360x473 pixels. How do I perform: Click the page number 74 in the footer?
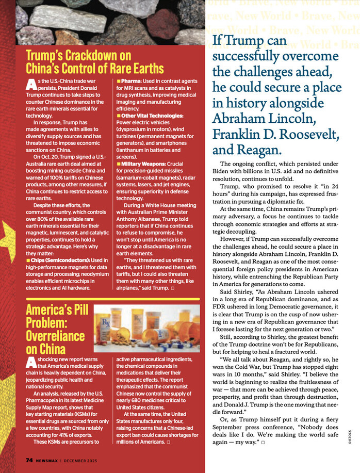(30, 460)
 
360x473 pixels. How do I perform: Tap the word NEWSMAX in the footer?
(47, 460)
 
